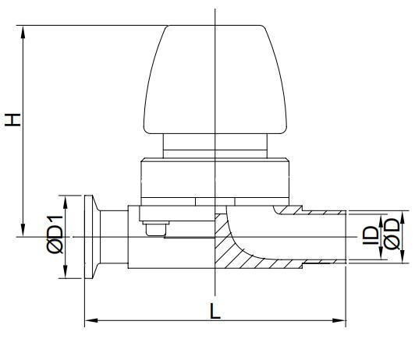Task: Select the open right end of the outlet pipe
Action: point(344,236)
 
